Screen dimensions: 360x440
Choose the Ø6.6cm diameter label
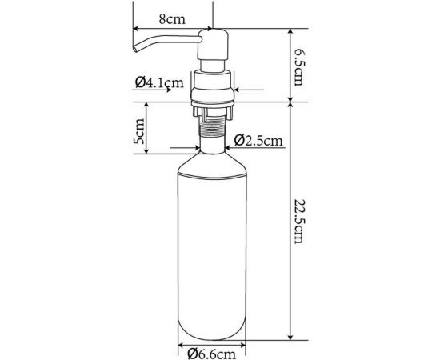(212, 350)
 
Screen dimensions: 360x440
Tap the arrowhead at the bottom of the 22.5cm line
(289, 334)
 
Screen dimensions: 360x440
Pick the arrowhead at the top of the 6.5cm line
(289, 30)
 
